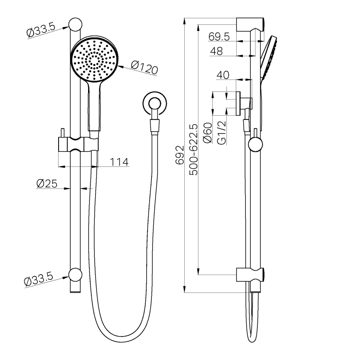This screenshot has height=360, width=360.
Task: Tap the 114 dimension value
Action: (119, 162)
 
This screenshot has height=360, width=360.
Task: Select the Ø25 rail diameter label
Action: (46, 184)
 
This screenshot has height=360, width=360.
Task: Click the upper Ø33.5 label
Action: (41, 31)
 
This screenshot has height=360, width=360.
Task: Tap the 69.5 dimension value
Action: (219, 37)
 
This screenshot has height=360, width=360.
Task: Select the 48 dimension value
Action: (216, 52)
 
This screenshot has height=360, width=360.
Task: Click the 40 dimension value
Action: (223, 75)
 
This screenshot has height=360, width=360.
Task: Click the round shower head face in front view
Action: (95, 60)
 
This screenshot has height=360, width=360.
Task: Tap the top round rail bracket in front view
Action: (75, 25)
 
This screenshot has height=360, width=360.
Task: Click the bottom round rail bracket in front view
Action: (75, 274)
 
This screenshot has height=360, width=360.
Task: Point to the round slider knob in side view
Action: (255, 144)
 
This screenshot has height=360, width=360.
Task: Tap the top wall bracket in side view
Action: (252, 24)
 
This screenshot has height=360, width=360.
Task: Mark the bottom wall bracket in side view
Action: (252, 275)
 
